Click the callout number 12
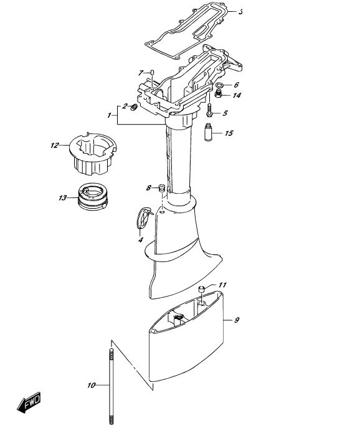coord(55,145)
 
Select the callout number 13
coord(63,197)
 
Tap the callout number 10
coord(92,385)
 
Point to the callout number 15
coord(229,133)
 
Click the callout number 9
coord(237,320)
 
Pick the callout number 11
coord(223,285)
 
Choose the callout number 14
coord(237,95)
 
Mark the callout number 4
coord(141,240)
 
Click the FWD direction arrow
coord(29,402)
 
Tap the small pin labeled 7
coord(152,72)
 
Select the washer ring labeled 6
coord(220,85)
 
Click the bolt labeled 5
coord(209,110)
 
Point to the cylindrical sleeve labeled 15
coord(208,132)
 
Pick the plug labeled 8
coord(162,188)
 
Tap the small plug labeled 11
coord(201,288)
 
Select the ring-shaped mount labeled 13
coord(93,196)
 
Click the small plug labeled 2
coord(134,107)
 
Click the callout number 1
coord(110,115)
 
